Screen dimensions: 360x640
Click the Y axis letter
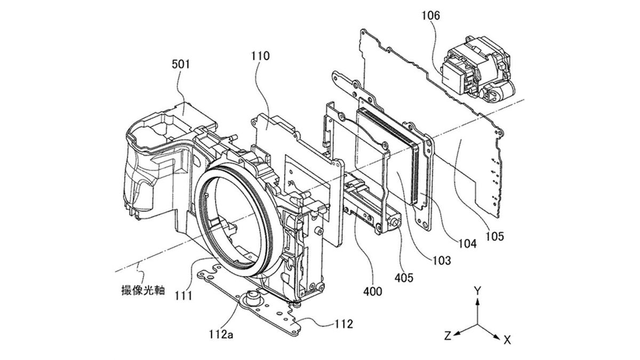click(478, 291)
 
